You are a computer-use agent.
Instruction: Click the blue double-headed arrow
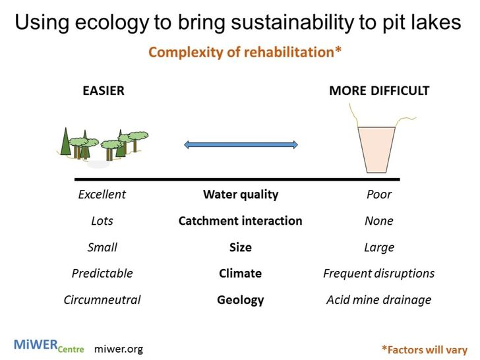241,144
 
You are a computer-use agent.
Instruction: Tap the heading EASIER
104,91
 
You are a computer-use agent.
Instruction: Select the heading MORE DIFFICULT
379,91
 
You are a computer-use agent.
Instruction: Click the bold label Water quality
241,195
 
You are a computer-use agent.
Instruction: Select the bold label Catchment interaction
241,221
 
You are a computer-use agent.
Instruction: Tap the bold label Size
241,247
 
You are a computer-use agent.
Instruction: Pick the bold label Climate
241,273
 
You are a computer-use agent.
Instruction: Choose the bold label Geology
241,300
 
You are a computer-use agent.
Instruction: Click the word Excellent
102,195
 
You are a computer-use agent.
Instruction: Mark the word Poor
379,195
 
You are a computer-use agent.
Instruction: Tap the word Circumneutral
102,300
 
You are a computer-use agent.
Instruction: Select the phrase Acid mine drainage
379,300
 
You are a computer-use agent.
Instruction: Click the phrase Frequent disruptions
379,273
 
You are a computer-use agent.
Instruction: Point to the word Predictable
102,273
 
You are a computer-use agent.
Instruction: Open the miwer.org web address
119,348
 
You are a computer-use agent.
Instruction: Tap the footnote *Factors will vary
425,349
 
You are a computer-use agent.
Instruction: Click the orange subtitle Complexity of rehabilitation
245,52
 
